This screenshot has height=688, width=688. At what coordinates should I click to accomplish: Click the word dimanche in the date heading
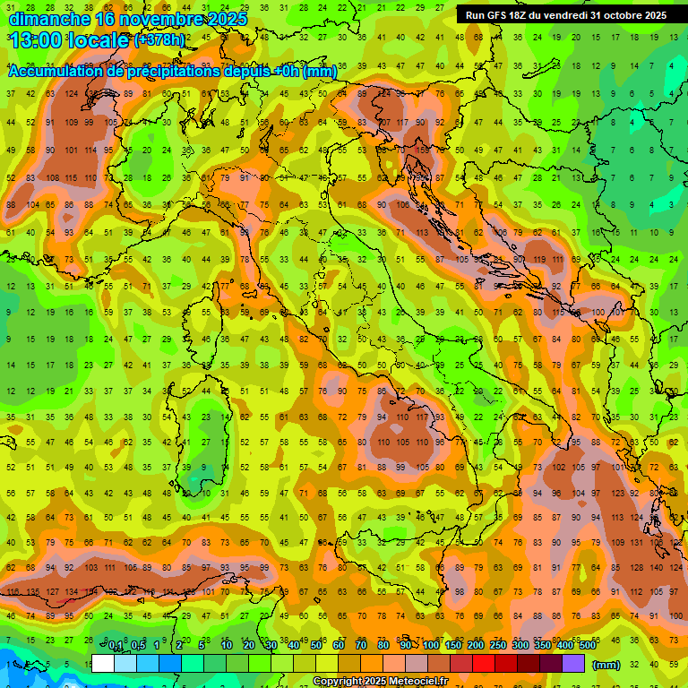pyautogui.click(x=48, y=19)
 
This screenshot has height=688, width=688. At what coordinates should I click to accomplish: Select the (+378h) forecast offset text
pyautogui.click(x=159, y=40)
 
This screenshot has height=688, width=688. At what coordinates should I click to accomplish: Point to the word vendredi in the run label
pyautogui.click(x=578, y=15)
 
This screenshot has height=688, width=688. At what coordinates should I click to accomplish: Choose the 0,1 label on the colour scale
pyautogui.click(x=116, y=646)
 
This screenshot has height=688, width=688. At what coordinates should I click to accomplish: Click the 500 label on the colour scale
pyautogui.click(x=588, y=646)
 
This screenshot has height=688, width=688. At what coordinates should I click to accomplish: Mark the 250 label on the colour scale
pyautogui.click(x=498, y=646)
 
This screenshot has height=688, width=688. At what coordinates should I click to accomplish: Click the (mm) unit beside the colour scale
pyautogui.click(x=606, y=664)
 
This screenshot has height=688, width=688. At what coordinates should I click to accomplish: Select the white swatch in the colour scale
pyautogui.click(x=103, y=664)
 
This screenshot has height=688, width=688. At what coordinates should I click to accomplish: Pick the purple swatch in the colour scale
pyautogui.click(x=575, y=664)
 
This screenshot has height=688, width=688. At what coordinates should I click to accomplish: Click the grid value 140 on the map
pyautogui.click(x=658, y=568)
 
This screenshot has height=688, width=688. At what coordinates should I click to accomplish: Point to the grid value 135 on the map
pyautogui.click(x=33, y=592)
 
